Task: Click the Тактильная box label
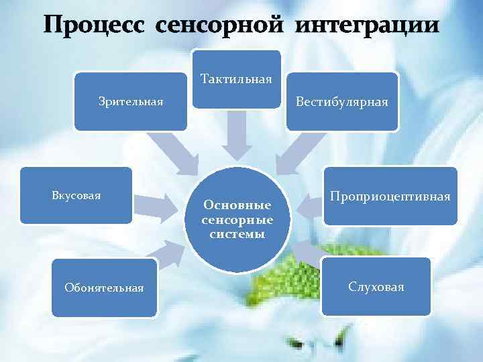pos(236,80)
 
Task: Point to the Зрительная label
pos(130,102)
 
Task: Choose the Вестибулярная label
pos(343,101)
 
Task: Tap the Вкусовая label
pos(76,195)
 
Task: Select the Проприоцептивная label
pos(390,196)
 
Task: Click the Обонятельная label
pos(104,288)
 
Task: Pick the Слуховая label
pos(376,286)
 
